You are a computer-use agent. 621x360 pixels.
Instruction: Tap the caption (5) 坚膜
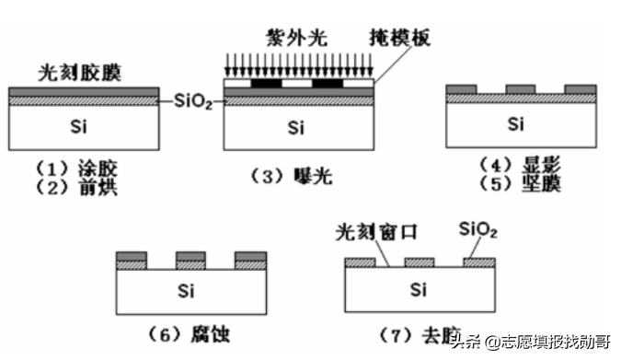(520, 183)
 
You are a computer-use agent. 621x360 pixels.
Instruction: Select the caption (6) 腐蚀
(194, 331)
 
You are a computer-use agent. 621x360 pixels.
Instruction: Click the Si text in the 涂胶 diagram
(81, 127)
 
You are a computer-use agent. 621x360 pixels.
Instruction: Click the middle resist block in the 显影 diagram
(520, 89)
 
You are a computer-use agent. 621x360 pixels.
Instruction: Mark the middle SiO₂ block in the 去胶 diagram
(419, 262)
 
